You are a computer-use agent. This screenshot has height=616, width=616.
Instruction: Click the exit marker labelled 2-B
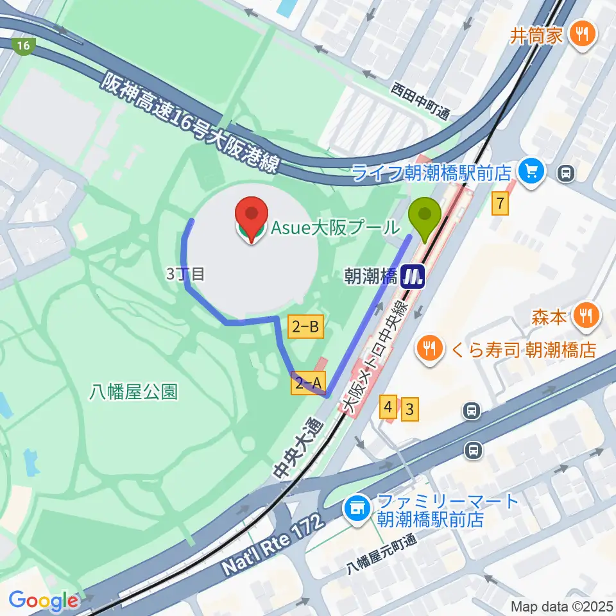click(306, 327)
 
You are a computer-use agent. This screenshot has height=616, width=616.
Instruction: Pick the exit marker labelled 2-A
click(309, 383)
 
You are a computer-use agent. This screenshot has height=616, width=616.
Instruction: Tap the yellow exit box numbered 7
click(501, 204)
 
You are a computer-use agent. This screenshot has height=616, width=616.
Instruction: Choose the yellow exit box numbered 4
click(388, 407)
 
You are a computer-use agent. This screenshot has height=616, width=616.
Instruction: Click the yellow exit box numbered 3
click(410, 409)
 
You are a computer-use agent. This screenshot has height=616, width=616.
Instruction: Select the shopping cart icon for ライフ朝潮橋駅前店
click(531, 171)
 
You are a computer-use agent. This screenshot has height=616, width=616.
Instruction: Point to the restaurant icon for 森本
click(585, 315)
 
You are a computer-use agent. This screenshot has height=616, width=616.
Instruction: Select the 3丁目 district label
click(185, 274)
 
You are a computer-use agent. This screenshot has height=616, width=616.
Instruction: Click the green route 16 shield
click(24, 46)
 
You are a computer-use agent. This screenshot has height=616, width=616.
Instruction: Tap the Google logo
click(44, 601)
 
